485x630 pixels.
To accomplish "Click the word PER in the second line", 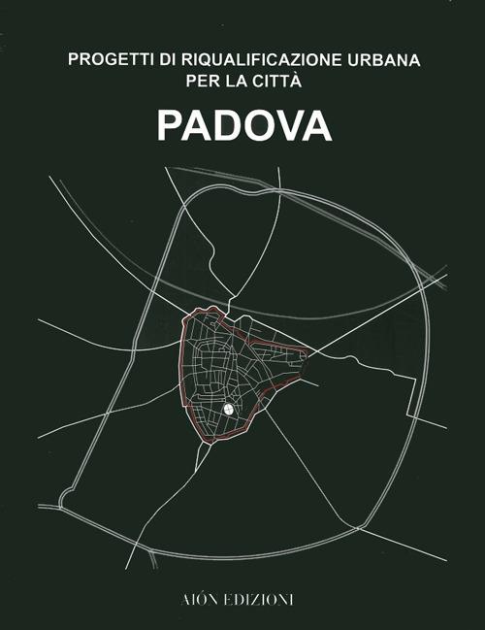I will pyautogui.click(x=200, y=81).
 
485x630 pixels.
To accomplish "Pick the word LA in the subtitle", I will pyautogui.click(x=235, y=81).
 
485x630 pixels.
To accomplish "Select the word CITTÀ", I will pyautogui.click(x=279, y=81).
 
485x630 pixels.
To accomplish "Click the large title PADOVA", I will pyautogui.click(x=242, y=126).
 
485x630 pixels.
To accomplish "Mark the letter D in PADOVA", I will pyautogui.click(x=227, y=126).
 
